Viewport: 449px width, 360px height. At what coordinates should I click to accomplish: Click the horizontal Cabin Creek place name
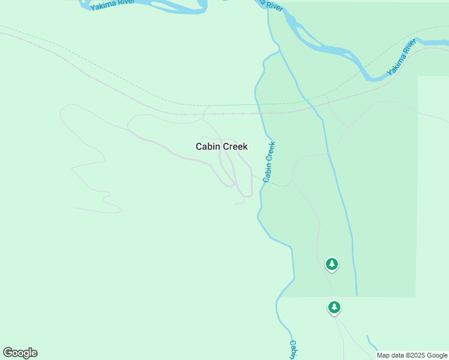coord(221,146)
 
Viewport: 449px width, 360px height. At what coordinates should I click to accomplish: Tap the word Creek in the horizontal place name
coord(235,146)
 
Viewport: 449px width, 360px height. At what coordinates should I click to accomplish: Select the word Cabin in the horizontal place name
coord(208,146)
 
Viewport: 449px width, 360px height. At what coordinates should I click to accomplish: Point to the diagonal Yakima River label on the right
coord(402,58)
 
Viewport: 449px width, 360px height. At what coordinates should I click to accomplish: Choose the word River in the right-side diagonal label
coord(409,48)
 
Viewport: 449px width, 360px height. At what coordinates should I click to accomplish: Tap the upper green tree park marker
coord(332,263)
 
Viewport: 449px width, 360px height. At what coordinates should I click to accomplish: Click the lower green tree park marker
coord(334,307)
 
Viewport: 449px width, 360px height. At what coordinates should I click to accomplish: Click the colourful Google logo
coord(20,353)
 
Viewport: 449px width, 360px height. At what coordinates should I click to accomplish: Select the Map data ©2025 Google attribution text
coord(412,355)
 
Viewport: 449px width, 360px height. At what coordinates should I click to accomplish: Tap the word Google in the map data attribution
coord(437,355)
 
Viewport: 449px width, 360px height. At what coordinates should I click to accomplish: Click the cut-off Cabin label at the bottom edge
coord(293,350)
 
